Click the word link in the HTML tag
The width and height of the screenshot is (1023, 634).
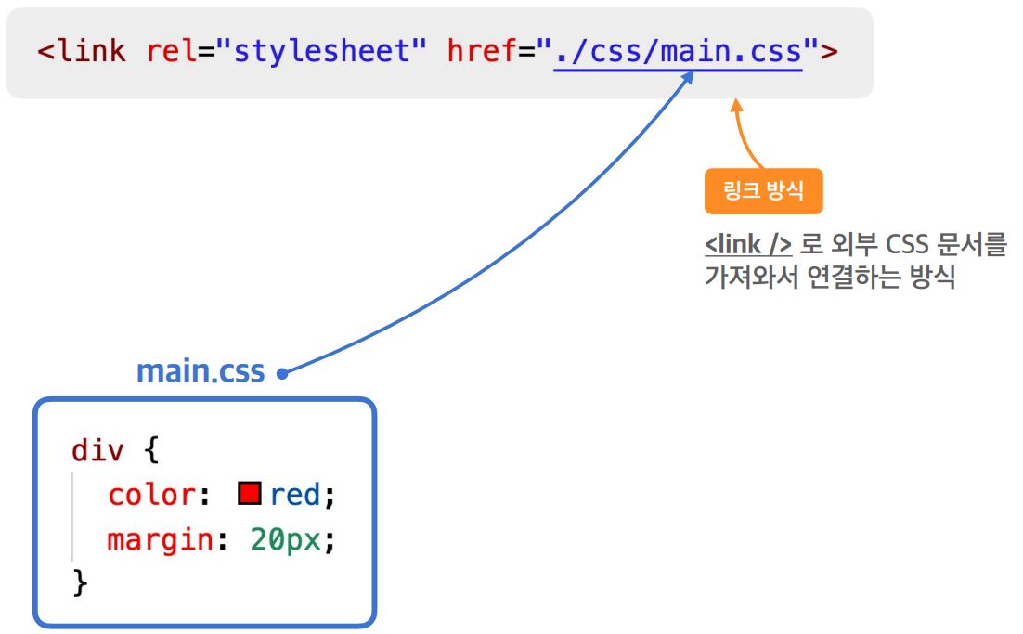click(x=91, y=50)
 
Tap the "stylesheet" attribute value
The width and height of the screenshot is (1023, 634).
click(x=318, y=50)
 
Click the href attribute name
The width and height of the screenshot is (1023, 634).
click(x=483, y=50)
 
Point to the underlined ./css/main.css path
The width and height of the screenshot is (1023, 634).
click(x=678, y=50)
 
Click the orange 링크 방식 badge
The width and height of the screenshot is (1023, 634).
click(x=763, y=191)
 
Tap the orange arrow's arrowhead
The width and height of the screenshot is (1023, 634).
click(x=736, y=107)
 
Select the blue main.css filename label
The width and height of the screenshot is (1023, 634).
click(x=200, y=371)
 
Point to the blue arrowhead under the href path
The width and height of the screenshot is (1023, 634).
click(x=688, y=79)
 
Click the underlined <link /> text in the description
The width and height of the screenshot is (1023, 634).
click(x=748, y=246)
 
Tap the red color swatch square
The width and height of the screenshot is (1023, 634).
click(x=249, y=493)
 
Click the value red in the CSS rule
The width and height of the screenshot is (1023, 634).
click(x=295, y=495)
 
